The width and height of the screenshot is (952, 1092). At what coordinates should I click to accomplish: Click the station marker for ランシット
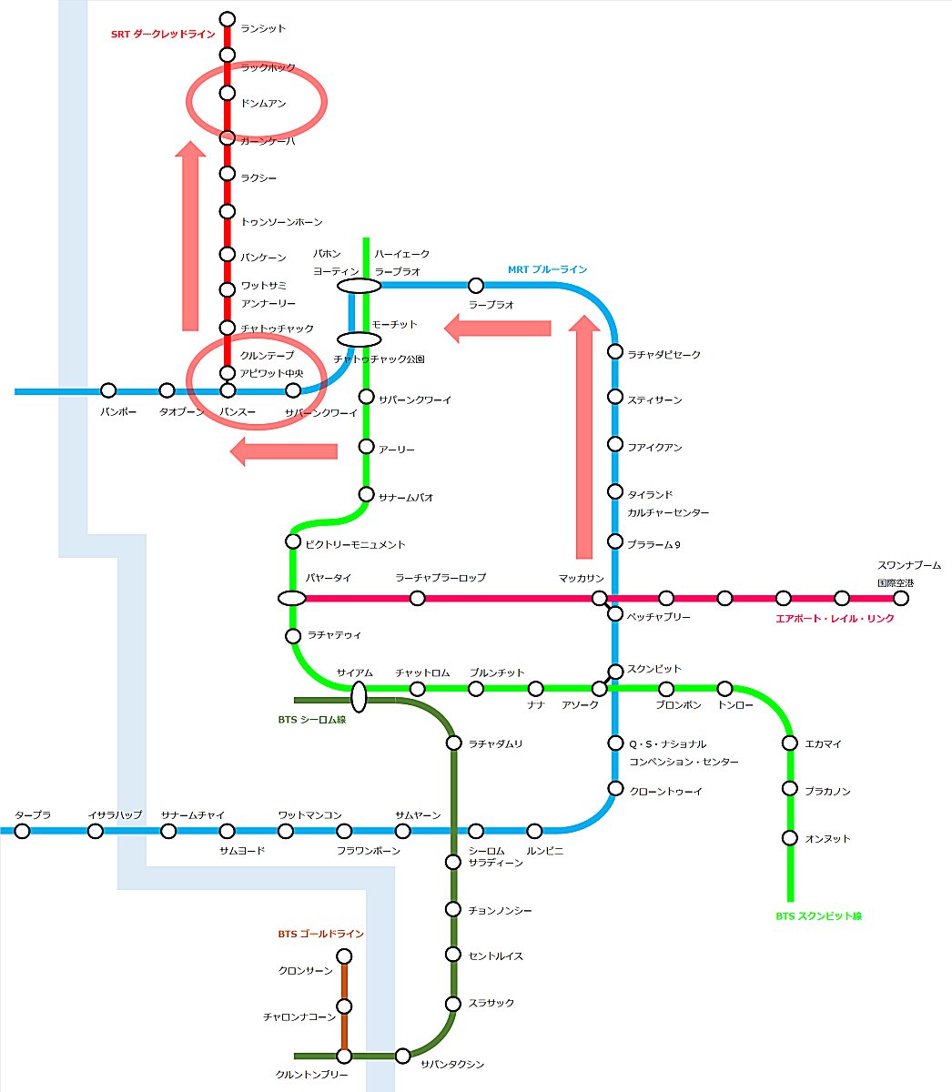[x=228, y=19]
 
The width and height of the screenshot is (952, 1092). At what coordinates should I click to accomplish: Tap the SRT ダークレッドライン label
[x=162, y=35]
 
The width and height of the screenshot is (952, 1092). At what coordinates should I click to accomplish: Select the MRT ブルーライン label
[x=547, y=269]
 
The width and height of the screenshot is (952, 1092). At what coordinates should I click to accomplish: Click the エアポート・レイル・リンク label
[x=835, y=619]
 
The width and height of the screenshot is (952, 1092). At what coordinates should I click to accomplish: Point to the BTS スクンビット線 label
[x=818, y=916]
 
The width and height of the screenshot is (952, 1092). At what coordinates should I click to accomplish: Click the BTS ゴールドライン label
[x=320, y=934]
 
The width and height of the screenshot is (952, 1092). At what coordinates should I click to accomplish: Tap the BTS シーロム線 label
[x=311, y=719]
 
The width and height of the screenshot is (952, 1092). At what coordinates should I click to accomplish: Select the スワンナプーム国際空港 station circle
[x=900, y=598]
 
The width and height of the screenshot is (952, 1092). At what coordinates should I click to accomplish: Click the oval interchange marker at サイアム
[x=359, y=697]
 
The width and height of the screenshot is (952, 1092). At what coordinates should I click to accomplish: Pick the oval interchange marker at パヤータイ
[x=291, y=598]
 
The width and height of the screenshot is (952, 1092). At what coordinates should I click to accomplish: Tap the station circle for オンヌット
[x=790, y=838]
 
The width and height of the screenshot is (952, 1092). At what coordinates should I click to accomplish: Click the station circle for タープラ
[x=22, y=831]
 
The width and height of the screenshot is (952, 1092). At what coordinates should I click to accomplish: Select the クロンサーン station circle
[x=344, y=956]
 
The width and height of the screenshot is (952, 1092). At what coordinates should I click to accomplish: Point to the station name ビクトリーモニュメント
[x=355, y=544]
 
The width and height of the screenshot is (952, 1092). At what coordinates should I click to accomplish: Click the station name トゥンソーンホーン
[x=281, y=222]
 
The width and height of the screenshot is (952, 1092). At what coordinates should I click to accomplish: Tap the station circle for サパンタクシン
[x=402, y=1056]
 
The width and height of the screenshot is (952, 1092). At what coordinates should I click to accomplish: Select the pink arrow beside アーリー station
[x=284, y=450]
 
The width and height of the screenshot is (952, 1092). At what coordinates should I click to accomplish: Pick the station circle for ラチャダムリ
[x=453, y=743]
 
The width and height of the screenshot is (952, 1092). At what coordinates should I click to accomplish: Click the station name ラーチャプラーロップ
[x=441, y=578]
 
